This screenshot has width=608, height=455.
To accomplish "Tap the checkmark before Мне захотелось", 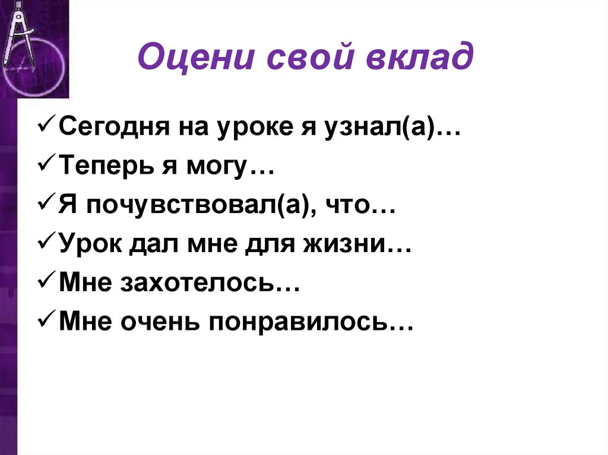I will click(x=47, y=285).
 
